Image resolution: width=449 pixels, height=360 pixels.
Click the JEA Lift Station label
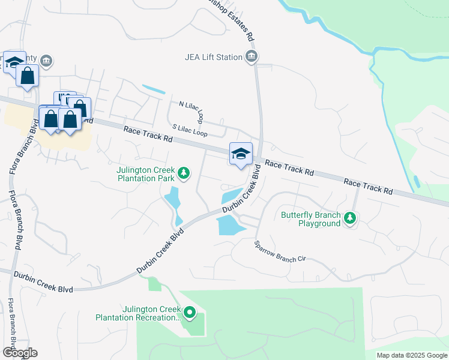tap(213, 58)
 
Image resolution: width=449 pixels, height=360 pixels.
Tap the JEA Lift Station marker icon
tap(252, 58)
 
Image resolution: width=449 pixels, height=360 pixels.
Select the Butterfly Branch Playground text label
tap(311, 219)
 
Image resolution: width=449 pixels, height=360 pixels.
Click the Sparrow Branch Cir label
tap(280, 251)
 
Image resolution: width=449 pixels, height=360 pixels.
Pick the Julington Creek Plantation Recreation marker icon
tap(190, 313)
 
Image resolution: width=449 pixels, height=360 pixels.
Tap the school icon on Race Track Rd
tap(241, 154)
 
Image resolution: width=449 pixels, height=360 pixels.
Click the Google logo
tap(19, 352)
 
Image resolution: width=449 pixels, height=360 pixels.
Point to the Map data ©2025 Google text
tap(412, 355)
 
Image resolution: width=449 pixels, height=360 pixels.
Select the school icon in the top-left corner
tap(13, 62)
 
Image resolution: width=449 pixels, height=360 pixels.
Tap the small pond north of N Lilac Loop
tap(154, 90)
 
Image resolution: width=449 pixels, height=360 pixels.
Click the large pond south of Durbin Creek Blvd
tap(229, 226)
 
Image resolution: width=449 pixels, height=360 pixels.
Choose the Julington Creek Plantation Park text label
tap(146, 173)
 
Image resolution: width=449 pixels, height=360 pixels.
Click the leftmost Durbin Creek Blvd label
tap(46, 284)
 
